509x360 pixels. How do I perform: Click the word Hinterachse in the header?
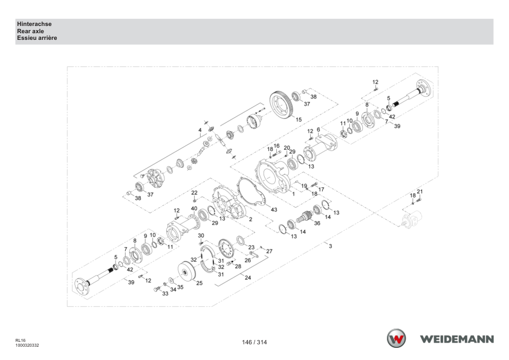pos(34,24)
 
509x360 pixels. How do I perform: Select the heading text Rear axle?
pos(30,31)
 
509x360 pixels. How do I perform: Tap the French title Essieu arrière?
pos(37,38)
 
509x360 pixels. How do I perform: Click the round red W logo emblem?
pos(396,338)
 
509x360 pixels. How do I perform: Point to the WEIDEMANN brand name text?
pos(457,339)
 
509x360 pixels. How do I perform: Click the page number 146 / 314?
pos(254,342)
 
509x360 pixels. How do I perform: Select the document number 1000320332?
pos(27,346)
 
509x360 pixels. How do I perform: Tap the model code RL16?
pos(20,341)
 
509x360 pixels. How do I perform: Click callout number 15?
pos(299,120)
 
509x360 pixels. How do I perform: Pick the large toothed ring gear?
pos(282,104)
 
